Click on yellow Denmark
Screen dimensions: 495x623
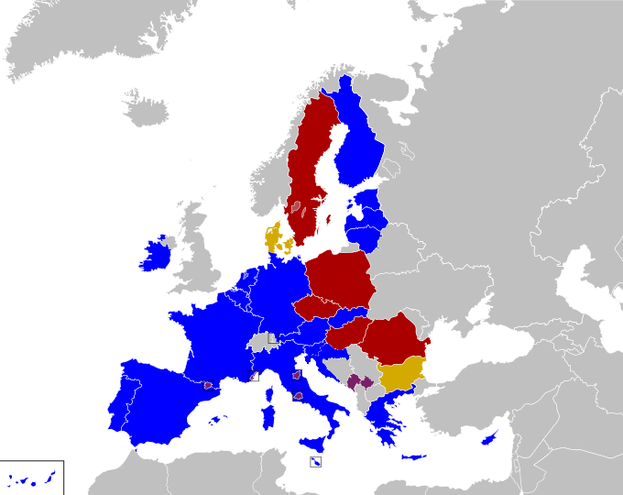[x=275, y=237]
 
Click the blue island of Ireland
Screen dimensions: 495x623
[x=154, y=255]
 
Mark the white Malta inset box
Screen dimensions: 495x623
[x=314, y=462]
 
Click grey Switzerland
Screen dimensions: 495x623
[x=264, y=342]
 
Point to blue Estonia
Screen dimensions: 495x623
[x=369, y=200]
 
